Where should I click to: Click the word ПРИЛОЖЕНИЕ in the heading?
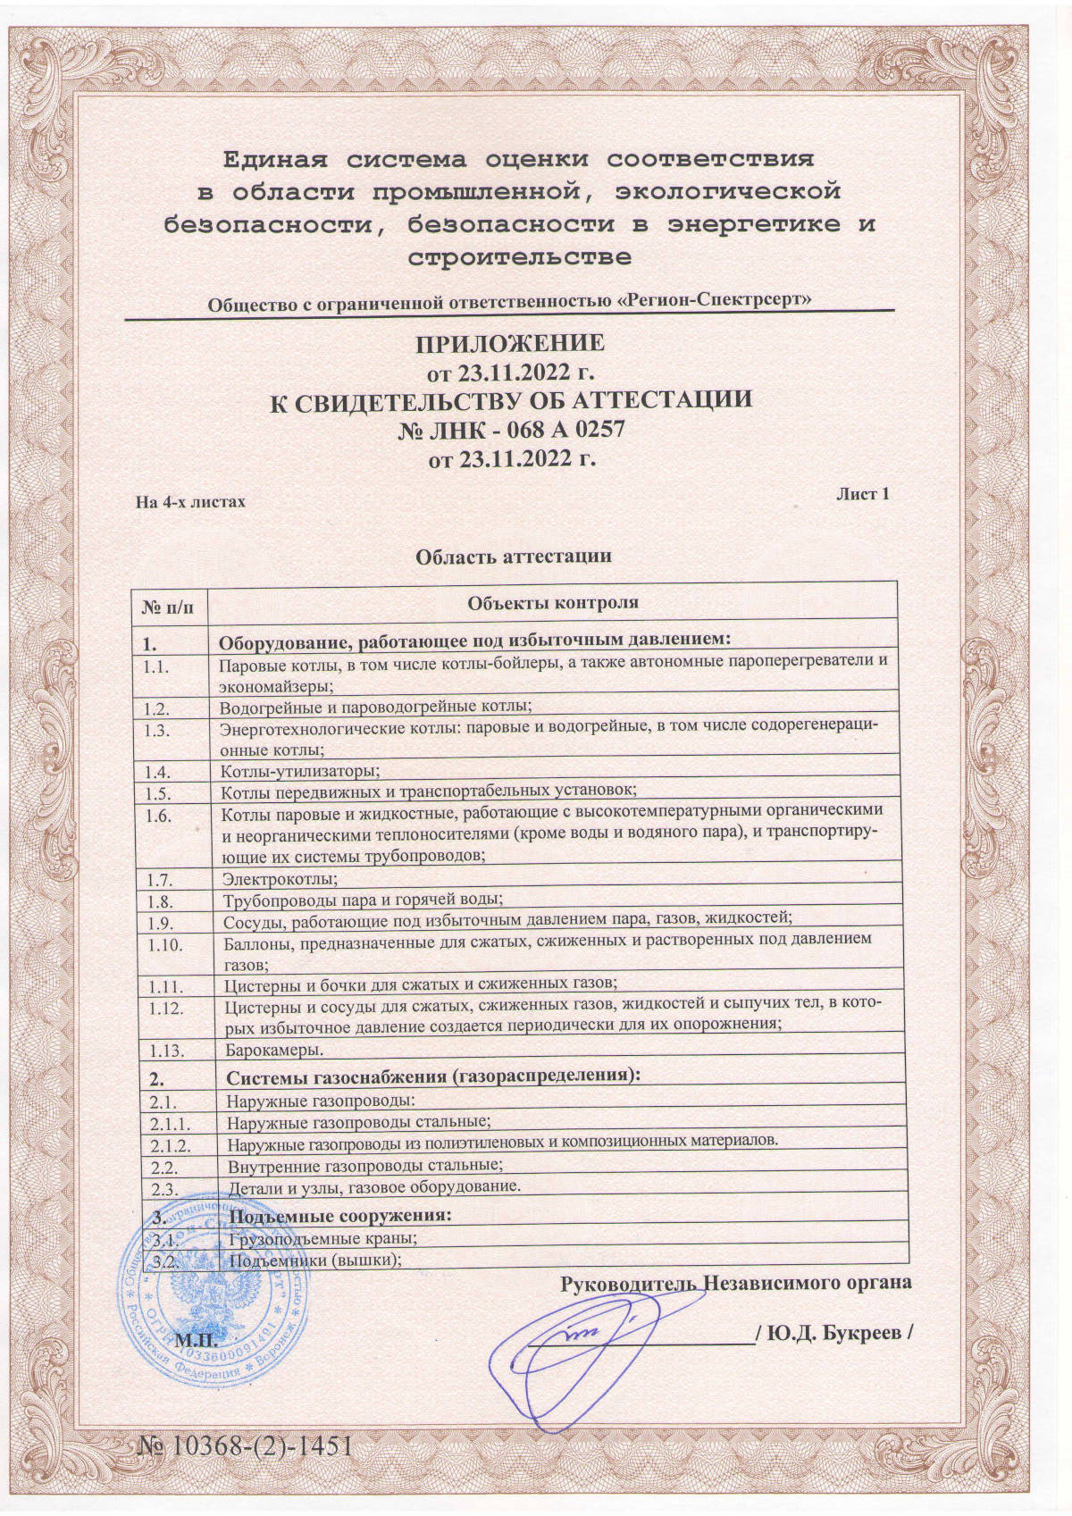point(510,344)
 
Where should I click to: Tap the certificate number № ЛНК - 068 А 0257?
point(510,430)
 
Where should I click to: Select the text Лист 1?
point(862,494)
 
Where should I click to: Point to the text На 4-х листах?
point(190,502)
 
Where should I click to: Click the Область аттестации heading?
point(514,557)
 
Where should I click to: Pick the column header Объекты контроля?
point(554,602)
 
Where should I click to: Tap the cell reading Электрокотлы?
point(274,879)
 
